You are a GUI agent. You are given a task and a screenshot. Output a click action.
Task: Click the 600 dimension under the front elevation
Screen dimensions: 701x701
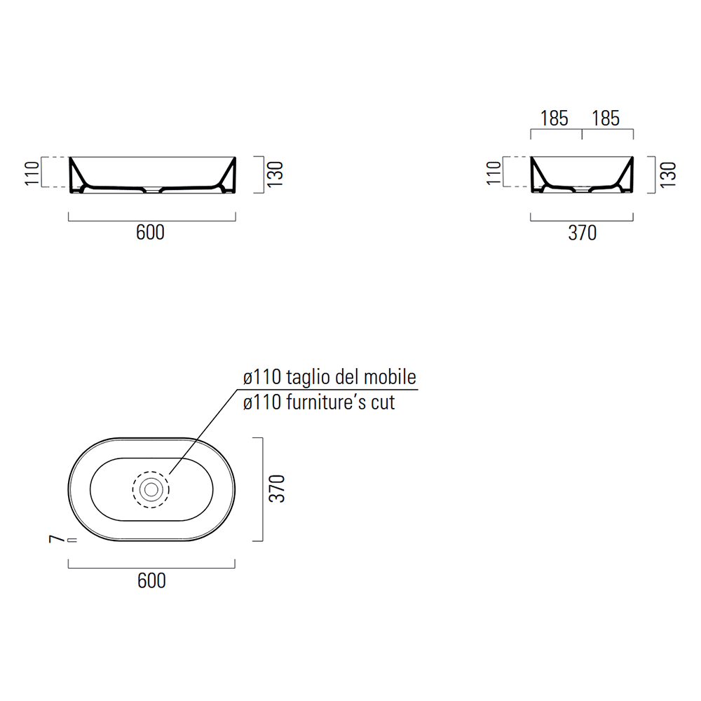coord(150,233)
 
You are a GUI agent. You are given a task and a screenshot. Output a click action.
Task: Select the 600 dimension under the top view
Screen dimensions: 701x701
coord(151,580)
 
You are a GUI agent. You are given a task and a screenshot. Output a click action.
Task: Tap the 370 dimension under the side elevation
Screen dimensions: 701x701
coord(582,233)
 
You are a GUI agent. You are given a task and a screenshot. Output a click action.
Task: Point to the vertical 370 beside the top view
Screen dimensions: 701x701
coord(277,489)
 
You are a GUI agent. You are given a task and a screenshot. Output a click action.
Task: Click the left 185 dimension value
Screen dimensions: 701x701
coord(554,118)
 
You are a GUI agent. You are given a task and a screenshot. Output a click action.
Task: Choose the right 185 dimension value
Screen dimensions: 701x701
coord(606,118)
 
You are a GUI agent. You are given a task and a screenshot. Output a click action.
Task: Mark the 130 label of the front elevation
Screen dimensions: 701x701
coord(275,174)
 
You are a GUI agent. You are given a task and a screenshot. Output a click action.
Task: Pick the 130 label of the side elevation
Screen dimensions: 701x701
coord(667,175)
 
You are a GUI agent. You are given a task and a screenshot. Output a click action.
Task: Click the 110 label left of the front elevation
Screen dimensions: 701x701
coord(32,173)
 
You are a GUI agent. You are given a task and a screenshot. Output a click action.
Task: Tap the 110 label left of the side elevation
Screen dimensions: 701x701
coord(494,173)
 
